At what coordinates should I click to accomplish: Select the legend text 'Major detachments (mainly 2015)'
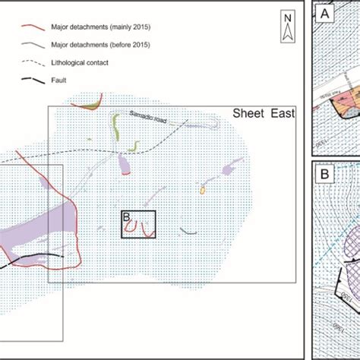[97, 28]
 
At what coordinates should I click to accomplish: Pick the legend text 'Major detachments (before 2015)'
[97, 45]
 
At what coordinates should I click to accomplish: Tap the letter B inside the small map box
[126, 218]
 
